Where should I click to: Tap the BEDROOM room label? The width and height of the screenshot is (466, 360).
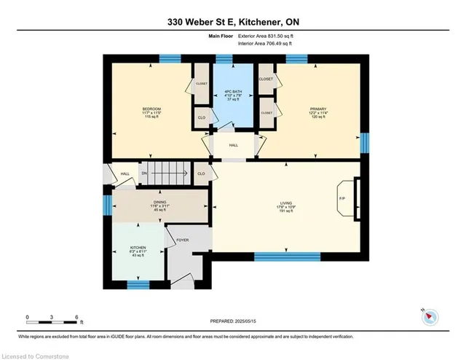click(x=151, y=109)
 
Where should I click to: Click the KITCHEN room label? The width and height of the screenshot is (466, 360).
click(x=138, y=248)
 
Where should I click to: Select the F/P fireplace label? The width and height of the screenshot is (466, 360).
click(x=341, y=198)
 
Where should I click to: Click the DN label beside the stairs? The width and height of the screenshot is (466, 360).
click(x=143, y=173)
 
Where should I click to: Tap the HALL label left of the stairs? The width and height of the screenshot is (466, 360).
click(x=125, y=173)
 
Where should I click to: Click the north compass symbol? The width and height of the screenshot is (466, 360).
click(x=428, y=316)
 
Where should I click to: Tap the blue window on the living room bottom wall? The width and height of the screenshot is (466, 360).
click(x=287, y=256)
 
